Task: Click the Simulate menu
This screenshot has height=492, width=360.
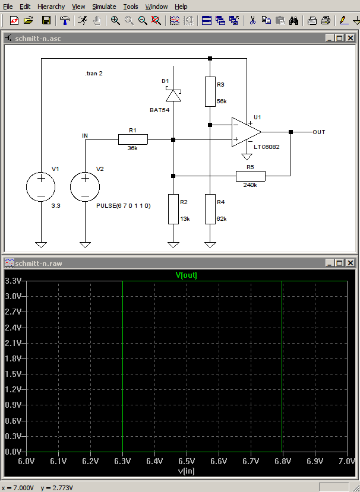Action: click(x=104, y=7)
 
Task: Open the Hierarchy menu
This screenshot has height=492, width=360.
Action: click(x=51, y=7)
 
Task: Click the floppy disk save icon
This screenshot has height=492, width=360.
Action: click(x=46, y=21)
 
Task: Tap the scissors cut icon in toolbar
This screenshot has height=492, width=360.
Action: click(x=252, y=21)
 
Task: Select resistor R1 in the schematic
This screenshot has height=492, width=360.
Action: click(x=133, y=139)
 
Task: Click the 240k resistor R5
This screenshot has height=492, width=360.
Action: click(x=250, y=176)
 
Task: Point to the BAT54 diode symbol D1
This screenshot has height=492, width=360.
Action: click(x=173, y=96)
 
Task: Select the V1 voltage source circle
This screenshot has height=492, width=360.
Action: click(x=41, y=187)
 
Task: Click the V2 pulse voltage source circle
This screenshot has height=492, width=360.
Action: click(x=85, y=187)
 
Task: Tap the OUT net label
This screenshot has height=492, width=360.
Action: click(x=319, y=132)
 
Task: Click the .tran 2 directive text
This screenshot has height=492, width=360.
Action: click(x=94, y=74)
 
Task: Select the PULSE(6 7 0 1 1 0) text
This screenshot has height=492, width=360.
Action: click(x=124, y=206)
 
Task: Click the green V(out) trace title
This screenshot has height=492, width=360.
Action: click(x=187, y=275)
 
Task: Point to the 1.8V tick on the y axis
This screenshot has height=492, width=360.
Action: click(x=13, y=358)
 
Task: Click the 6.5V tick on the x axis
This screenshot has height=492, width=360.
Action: click(x=187, y=461)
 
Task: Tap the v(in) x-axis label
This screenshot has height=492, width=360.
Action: click(x=187, y=471)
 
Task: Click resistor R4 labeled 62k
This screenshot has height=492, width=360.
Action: click(x=210, y=209)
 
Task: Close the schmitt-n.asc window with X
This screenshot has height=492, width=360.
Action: click(x=350, y=39)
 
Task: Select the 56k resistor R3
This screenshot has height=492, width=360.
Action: click(x=210, y=91)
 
